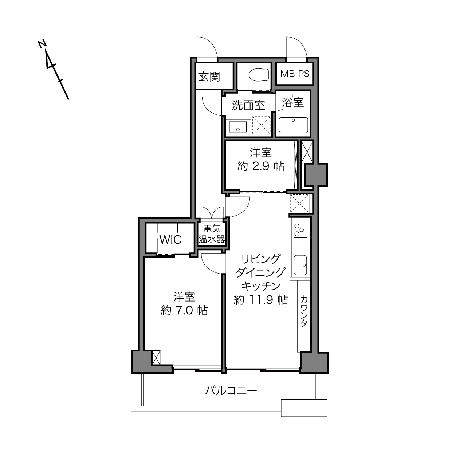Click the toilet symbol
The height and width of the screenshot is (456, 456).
coord(259,75)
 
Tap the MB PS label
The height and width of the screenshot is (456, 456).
coord(295,74)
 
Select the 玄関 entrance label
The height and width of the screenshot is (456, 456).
coord(209,76)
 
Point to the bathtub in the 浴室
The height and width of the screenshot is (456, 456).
coord(293,125)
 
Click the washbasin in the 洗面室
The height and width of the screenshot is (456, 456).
coord(238,127)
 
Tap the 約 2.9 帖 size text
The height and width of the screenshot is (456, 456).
coord(261,166)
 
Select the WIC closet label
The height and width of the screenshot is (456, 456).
coord(170,240)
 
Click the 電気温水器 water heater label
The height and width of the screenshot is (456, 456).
coord(211,234)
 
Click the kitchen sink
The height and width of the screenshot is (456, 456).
coord(300,265)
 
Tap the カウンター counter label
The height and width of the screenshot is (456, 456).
coord(304,316)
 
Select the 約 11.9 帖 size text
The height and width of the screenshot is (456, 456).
coord(261,300)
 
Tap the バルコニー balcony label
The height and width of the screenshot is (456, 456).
coord(231,391)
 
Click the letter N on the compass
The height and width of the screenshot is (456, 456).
coord(42,44)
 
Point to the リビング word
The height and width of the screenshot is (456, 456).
coord(261,259)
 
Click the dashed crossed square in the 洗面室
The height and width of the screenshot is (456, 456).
coord(262,126)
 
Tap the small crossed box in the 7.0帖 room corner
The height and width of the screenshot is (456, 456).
coord(156,357)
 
